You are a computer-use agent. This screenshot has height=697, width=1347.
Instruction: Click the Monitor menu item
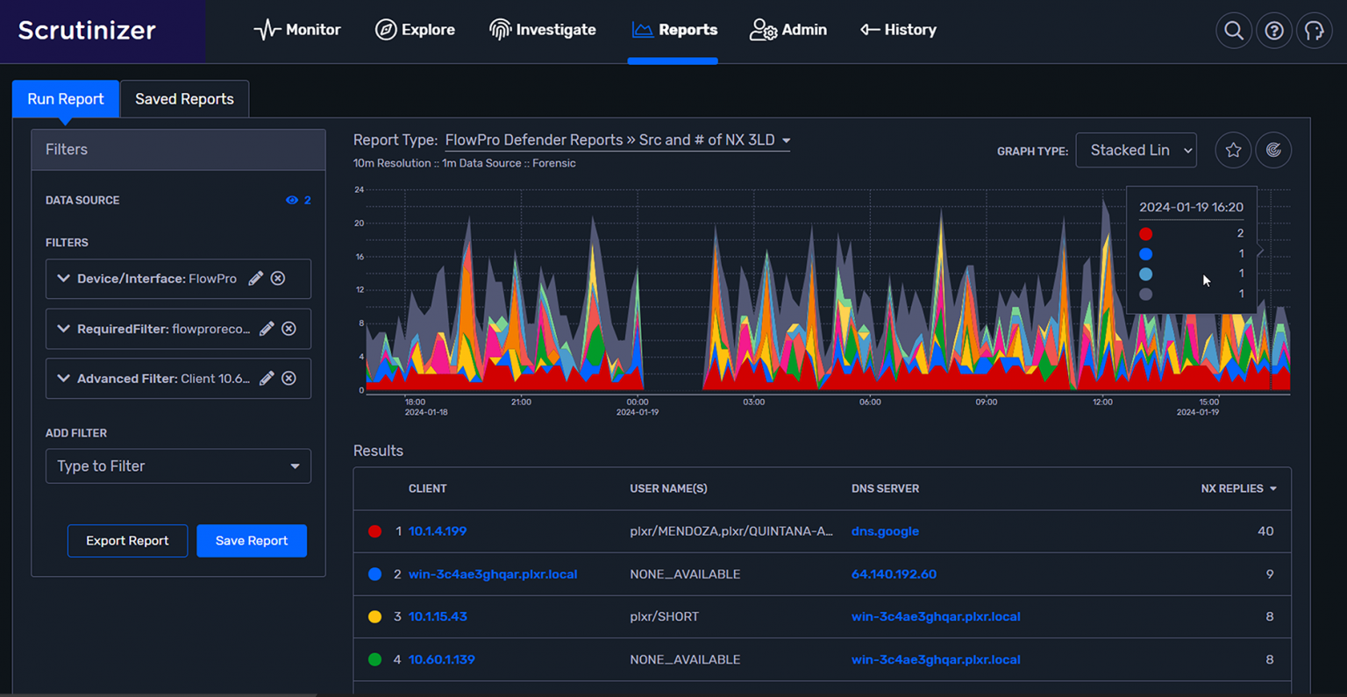297,30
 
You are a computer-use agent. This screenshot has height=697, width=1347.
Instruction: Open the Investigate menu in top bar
543,30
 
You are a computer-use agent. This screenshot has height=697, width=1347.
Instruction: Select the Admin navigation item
788,30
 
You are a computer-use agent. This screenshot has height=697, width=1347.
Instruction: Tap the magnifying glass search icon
1233,31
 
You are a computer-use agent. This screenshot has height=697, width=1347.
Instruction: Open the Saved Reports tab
184,99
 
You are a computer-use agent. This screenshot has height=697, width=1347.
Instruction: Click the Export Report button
127,541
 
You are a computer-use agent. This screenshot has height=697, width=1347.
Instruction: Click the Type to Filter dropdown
178,466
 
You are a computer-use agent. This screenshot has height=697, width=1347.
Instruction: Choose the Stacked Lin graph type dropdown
1136,151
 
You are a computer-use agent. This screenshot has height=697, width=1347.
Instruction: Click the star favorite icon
1233,151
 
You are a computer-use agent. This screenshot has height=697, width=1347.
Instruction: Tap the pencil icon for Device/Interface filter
256,279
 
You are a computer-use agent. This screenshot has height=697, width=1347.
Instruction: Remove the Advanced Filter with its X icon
289,379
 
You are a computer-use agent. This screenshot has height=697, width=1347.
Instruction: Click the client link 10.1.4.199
438,531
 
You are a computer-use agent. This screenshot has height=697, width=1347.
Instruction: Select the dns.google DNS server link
885,531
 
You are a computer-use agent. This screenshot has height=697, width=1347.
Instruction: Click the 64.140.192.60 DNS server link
894,574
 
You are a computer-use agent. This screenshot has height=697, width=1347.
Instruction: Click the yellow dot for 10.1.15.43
374,617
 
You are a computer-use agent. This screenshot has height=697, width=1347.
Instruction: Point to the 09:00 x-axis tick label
987,402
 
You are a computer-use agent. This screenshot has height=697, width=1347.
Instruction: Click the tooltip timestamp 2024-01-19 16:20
1191,208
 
